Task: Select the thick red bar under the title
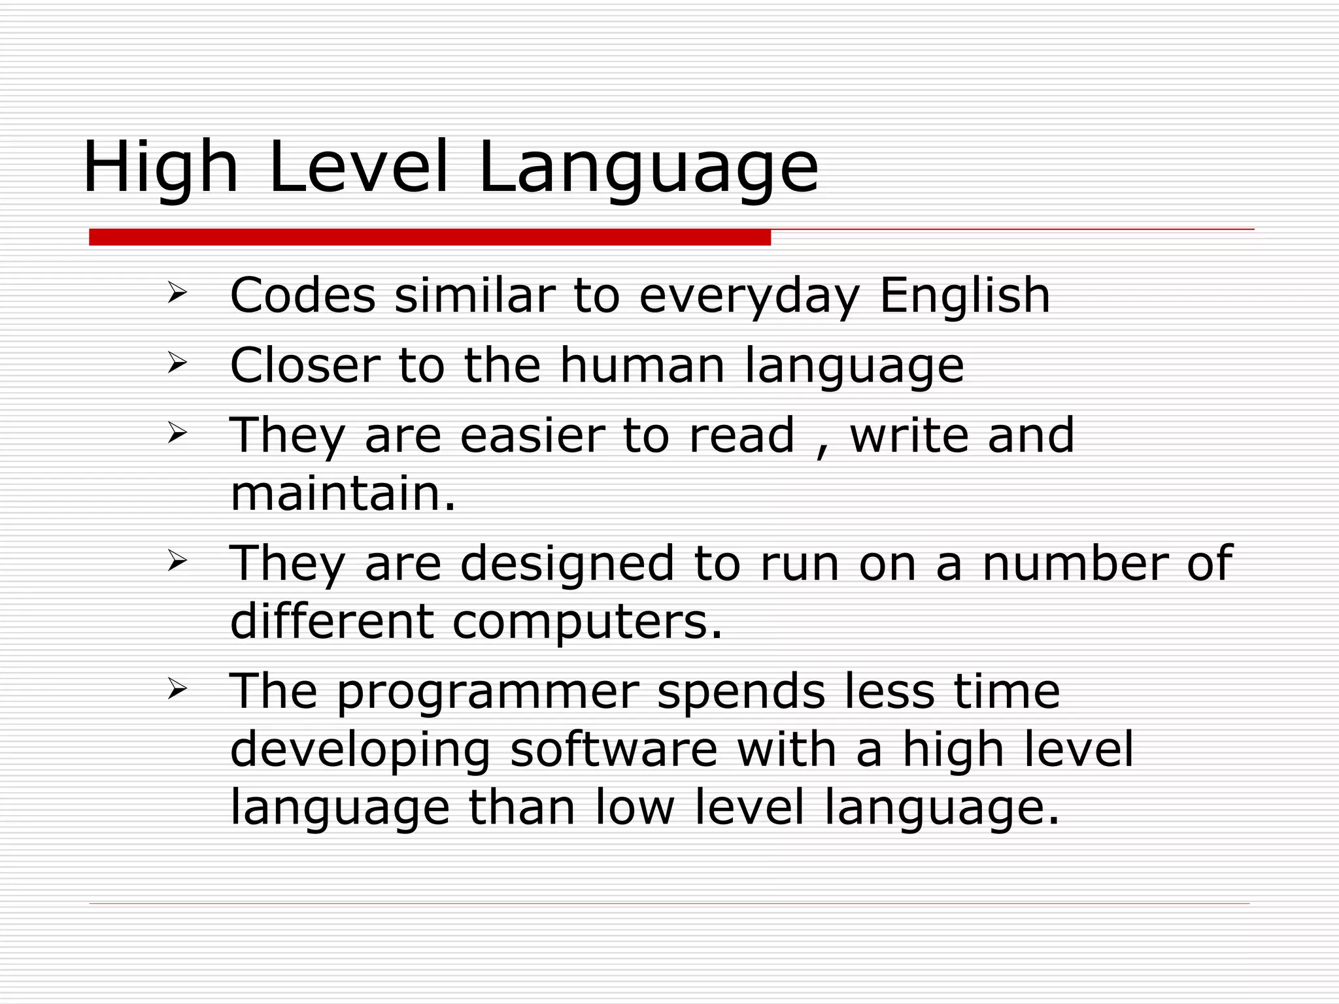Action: [430, 237]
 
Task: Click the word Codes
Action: [303, 295]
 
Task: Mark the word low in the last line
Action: [634, 808]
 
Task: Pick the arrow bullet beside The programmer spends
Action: [177, 689]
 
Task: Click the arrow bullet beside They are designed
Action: [177, 561]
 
